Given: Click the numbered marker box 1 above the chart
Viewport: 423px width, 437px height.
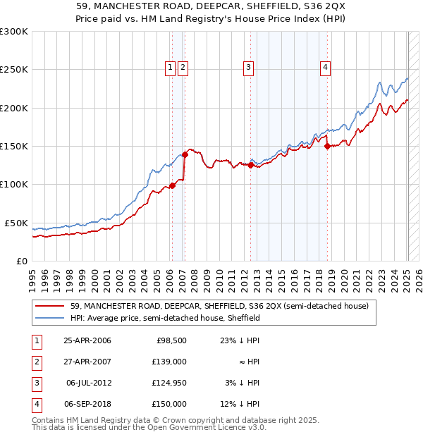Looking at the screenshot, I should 171,68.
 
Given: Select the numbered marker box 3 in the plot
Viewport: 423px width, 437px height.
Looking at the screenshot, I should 249,68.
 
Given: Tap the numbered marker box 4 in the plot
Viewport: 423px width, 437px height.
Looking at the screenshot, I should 326,68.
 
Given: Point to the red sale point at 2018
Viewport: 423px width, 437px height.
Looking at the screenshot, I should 327,147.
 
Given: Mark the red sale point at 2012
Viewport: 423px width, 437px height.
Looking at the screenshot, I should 250,166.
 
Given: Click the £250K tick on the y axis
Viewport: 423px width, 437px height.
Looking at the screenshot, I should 14,70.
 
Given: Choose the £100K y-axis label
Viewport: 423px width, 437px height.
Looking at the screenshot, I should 14,184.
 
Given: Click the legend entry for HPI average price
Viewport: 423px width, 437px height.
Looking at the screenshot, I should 165,318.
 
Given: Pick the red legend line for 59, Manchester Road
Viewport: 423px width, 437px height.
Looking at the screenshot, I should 49,306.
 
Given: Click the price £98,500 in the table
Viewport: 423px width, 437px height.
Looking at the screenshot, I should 171,341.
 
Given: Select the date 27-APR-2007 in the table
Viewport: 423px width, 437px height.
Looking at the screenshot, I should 87,362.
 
